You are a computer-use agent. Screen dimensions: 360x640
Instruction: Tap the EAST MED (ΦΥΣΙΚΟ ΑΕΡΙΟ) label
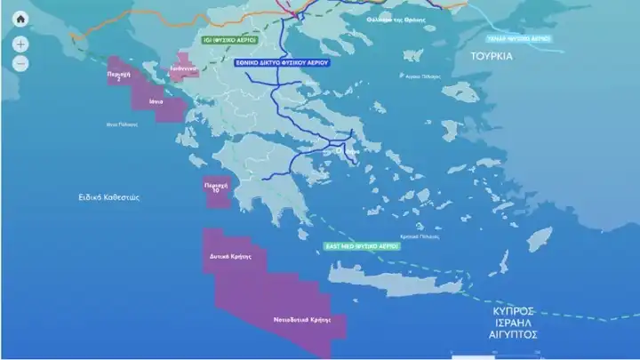pos(361,244)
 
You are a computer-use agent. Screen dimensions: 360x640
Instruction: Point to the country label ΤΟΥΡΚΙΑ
pos(495,55)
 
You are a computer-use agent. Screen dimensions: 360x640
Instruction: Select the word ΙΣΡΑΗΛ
pos(513,324)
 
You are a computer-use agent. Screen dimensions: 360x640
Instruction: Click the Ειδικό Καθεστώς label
pos(109,196)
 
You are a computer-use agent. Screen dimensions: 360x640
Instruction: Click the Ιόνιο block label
pos(155,103)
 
